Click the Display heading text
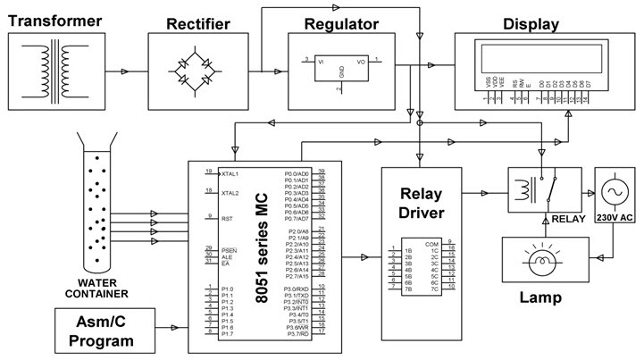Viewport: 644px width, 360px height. pos(531,23)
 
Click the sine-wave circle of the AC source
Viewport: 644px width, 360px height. pos(615,191)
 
